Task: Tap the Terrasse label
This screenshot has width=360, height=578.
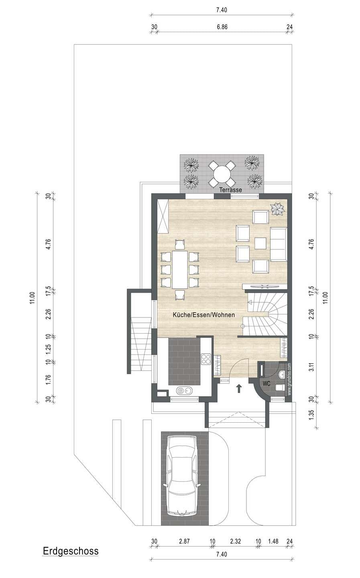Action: (230, 189)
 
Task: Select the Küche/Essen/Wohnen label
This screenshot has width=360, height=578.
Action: (203, 315)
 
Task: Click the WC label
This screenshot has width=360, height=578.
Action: (266, 384)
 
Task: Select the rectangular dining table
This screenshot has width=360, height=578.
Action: (180, 270)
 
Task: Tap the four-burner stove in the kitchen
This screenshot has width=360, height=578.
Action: (206, 359)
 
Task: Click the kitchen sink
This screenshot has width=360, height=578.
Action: (184, 391)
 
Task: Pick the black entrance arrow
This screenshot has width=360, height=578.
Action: (239, 389)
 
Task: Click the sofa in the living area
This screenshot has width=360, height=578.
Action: (279, 244)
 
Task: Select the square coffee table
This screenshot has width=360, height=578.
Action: (260, 243)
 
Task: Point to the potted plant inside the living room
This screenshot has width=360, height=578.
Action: (277, 209)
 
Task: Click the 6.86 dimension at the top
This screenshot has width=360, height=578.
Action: (222, 27)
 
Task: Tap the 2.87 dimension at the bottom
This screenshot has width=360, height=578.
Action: (184, 541)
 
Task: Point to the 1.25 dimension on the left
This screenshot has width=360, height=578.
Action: (48, 349)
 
